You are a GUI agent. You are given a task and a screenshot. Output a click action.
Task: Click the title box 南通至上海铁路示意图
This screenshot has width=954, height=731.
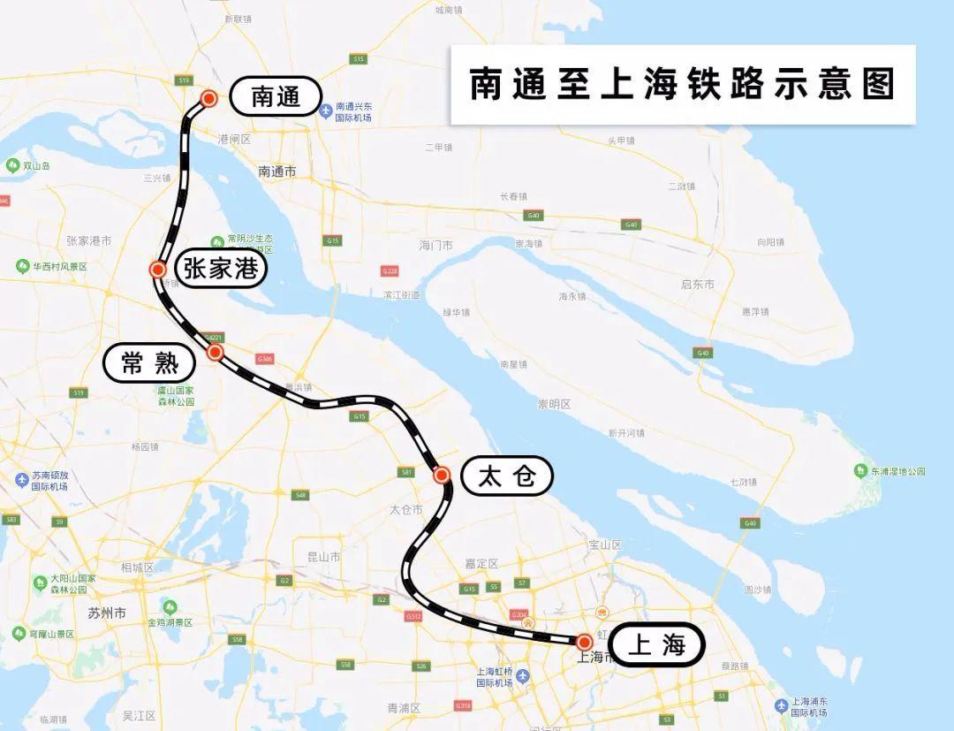(x=682, y=85)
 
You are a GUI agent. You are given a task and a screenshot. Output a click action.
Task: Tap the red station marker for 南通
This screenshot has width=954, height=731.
(x=209, y=98)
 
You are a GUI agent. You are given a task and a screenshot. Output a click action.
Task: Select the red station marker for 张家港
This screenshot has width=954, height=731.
(x=158, y=270)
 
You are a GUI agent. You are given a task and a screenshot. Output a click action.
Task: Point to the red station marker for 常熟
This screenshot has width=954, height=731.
(x=215, y=353)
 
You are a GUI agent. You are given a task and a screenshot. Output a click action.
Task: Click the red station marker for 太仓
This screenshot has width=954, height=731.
(x=442, y=476)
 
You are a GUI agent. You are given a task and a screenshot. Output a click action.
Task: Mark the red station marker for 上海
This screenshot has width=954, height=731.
(x=584, y=642)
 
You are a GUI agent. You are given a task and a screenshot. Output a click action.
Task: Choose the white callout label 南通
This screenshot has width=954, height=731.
(x=276, y=96)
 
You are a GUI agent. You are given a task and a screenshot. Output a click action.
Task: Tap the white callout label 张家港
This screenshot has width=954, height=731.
(x=221, y=268)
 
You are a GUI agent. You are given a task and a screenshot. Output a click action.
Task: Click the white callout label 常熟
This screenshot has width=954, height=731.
(x=149, y=362)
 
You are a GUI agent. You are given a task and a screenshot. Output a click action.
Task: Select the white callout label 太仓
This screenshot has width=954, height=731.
(x=507, y=476)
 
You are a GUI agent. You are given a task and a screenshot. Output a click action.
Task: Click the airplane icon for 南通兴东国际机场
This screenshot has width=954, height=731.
(x=327, y=110)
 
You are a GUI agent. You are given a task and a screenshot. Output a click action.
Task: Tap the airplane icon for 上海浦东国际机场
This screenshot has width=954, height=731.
(x=781, y=705)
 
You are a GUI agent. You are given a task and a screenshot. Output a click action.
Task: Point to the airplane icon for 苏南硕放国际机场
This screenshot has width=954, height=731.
(x=22, y=479)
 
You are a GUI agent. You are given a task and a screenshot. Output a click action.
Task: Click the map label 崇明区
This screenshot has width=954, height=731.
(x=554, y=404)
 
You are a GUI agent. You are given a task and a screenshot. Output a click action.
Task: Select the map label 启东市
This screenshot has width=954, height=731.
(x=698, y=284)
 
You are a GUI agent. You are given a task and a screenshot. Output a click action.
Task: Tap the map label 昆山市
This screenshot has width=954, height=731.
(x=323, y=557)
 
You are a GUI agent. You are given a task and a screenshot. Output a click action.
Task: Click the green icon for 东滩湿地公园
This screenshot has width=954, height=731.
(x=860, y=470)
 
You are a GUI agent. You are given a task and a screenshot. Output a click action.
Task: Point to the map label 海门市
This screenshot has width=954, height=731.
(x=435, y=245)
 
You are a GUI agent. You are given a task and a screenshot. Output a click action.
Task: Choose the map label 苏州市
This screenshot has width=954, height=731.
(x=107, y=612)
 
